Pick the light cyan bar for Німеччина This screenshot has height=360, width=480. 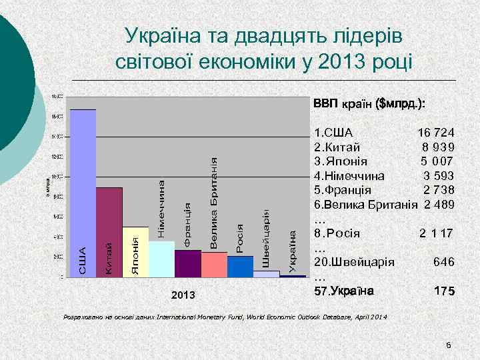pyautogui.click(x=161, y=259)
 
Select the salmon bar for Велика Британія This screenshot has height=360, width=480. pyautogui.click(x=213, y=264)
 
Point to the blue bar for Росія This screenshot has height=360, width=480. pyautogui.click(x=240, y=266)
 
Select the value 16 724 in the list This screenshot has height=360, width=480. pyautogui.click(x=436, y=133)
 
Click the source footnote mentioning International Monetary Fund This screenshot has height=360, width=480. pyautogui.click(x=223, y=315)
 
